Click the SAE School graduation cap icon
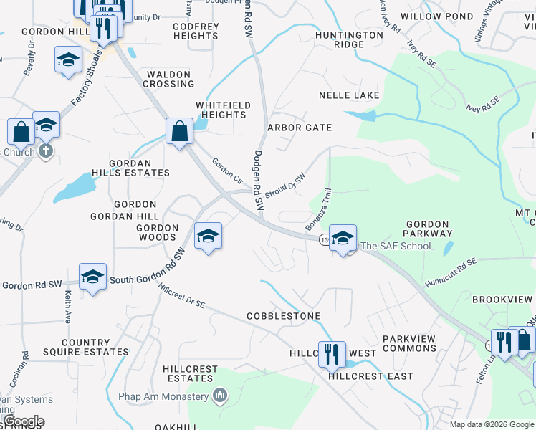pos(343,238)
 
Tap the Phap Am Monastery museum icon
pos(221,396)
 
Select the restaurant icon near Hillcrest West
pos(332,354)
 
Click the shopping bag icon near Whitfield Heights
pos(178,131)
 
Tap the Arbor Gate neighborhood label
pos(300,128)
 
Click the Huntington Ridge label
pos(349,39)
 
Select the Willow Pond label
pos(437,16)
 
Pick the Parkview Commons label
pos(409,343)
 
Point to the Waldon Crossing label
pos(169,79)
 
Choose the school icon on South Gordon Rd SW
pos(92,277)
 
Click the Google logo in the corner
pos(23,421)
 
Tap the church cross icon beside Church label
pos(45,151)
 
